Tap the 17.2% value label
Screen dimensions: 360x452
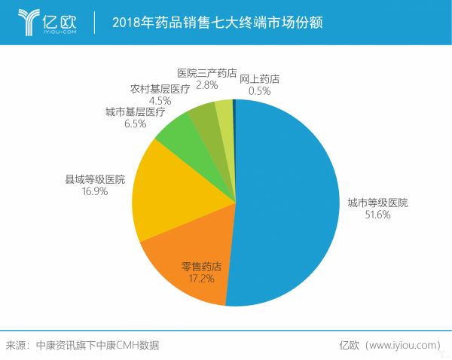click(201, 278)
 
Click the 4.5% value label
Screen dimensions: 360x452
click(160, 99)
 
